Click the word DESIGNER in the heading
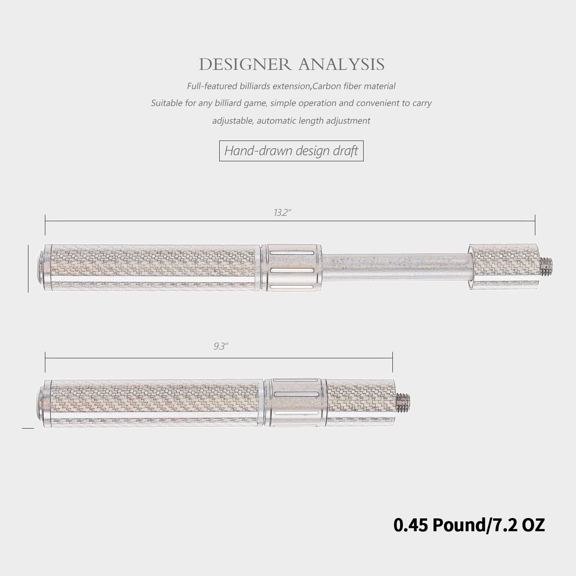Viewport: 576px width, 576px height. [245, 65]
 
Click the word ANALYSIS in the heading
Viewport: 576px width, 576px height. [341, 65]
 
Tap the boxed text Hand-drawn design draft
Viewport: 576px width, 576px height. [291, 151]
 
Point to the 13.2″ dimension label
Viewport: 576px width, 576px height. [283, 213]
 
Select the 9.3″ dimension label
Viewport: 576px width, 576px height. [221, 346]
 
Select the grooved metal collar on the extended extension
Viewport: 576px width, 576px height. [292, 267]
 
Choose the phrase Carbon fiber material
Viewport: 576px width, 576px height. [354, 86]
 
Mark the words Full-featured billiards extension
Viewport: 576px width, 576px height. [248, 86]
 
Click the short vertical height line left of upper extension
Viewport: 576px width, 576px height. [28, 269]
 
